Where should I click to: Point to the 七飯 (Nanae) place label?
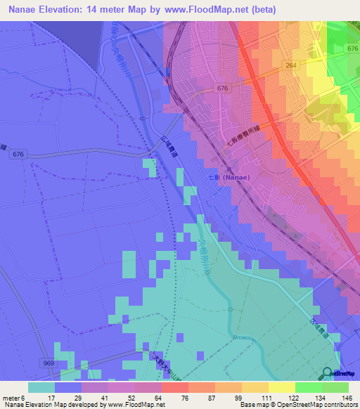229,178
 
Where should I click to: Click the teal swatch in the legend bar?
41,387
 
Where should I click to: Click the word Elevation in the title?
62,9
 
